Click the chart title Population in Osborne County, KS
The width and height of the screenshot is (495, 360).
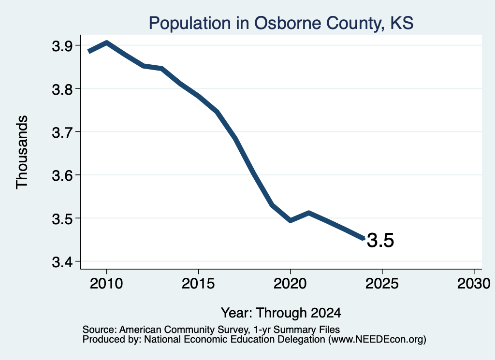(x=281, y=23)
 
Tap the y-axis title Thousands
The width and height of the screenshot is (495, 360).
(x=22, y=152)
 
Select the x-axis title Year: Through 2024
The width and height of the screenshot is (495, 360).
(x=281, y=313)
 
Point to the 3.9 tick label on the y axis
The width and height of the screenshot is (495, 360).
(x=62, y=46)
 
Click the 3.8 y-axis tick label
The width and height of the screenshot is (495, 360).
(x=62, y=89)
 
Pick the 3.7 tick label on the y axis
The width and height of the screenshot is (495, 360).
(x=62, y=132)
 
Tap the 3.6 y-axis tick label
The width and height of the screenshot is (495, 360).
(x=62, y=175)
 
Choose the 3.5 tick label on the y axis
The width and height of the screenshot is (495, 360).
(x=62, y=218)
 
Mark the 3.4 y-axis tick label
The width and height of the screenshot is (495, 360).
(x=62, y=262)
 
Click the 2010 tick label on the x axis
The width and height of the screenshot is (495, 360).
(x=106, y=283)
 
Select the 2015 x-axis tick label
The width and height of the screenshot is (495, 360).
(x=198, y=283)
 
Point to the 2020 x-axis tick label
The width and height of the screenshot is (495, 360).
(x=290, y=283)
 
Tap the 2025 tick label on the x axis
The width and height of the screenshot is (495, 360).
(x=382, y=283)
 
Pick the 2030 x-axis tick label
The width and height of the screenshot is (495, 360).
(x=474, y=283)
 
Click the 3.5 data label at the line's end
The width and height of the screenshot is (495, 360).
(x=380, y=241)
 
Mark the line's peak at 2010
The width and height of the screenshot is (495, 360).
(x=107, y=43)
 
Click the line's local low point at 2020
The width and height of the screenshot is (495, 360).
(x=291, y=220)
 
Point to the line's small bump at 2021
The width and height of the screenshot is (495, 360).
(x=309, y=213)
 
